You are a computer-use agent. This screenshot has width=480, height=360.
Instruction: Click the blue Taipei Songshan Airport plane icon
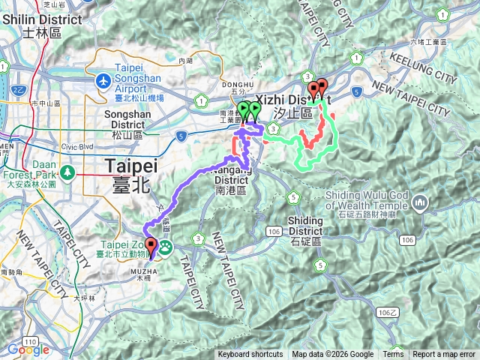(103, 80)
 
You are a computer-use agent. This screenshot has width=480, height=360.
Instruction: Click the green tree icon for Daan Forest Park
(67, 172)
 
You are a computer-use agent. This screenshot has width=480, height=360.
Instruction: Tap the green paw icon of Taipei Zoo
(163, 247)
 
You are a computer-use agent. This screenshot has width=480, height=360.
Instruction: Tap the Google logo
(28, 349)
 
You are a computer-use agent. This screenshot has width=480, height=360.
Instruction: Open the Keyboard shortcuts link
(250, 355)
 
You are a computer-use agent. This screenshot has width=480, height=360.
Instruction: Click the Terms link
(393, 355)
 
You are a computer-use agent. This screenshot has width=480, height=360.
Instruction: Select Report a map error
(444, 355)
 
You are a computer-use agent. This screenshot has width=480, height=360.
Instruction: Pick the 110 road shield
(15, 340)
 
